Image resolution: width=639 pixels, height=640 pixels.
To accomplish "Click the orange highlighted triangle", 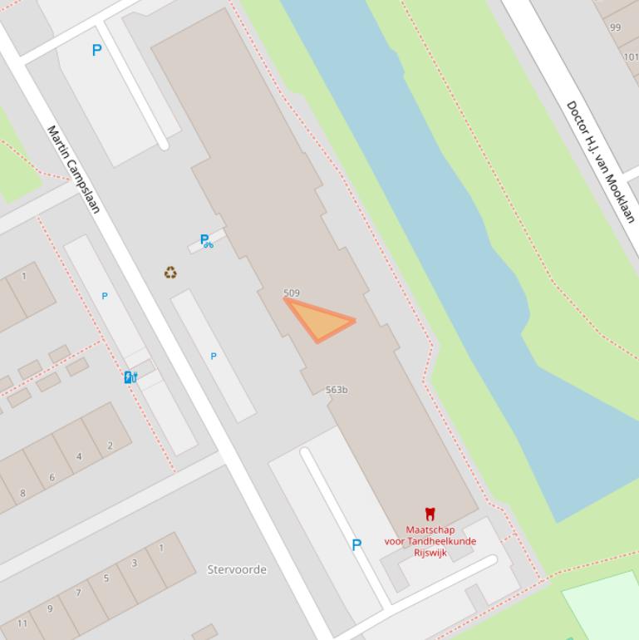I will point(319,320).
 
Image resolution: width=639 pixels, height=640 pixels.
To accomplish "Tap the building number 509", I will point(292,293).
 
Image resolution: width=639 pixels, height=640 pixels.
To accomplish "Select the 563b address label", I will point(337,390).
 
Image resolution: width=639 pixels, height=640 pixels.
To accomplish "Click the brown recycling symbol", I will point(170,273).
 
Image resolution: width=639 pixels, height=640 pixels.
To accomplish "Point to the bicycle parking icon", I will point(206,241).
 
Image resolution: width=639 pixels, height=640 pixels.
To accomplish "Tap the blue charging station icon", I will point(130,377).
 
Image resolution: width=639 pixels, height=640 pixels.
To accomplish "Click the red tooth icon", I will point(430,514).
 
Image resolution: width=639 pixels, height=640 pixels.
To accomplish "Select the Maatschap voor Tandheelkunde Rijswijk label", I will point(430,541).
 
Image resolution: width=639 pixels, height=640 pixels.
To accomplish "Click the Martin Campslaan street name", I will point(73,169).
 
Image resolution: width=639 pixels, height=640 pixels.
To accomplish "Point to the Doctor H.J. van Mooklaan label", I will point(601,161).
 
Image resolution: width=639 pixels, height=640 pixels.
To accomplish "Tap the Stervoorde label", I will point(237,569).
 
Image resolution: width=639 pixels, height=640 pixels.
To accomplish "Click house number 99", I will point(615,27).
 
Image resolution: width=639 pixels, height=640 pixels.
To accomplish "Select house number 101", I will point(631,57).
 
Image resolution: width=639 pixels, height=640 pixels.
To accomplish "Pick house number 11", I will point(22,623).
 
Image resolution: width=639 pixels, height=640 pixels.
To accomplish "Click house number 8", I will point(22,493).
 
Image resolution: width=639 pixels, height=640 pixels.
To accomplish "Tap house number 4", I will point(79,456).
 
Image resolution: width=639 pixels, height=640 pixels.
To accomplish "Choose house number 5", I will point(106,578).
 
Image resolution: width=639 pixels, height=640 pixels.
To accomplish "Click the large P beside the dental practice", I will point(356,545).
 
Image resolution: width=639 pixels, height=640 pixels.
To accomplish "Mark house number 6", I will point(52,477).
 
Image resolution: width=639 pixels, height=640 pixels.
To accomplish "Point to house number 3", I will point(134,564).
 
